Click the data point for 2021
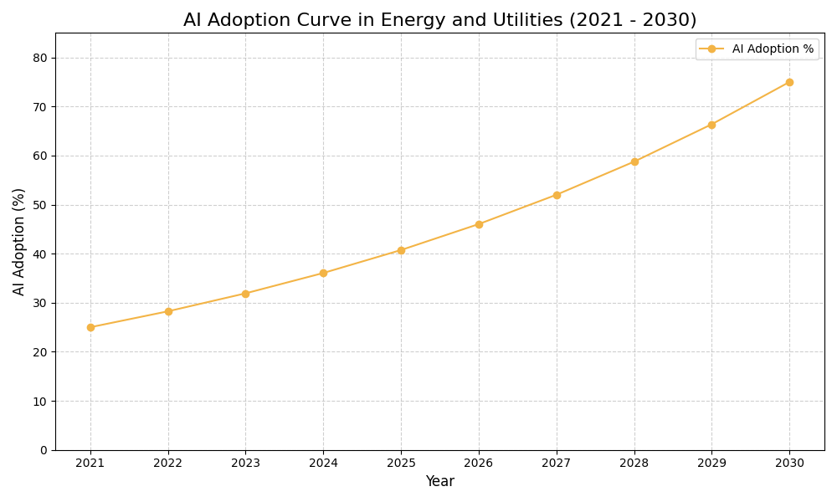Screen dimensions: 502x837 point(90,327)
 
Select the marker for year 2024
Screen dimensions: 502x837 point(323,273)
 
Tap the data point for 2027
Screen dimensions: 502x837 point(557,195)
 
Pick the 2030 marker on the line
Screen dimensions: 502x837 point(789,82)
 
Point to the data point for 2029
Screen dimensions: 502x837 point(711,125)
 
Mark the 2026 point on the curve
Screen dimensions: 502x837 point(479,224)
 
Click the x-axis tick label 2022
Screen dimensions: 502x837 point(168,463)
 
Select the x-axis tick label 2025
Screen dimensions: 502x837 point(401,463)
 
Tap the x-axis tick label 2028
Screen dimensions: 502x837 point(634,463)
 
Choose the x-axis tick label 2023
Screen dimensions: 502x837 point(245,463)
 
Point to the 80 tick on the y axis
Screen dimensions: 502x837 point(40,58)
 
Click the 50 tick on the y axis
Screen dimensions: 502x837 point(40,205)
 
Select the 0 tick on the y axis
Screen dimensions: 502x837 point(44,450)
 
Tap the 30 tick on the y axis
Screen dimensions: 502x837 point(40,303)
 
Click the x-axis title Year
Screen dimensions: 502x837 point(439,482)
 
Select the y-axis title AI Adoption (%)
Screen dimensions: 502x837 point(19,241)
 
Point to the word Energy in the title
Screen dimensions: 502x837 point(409,20)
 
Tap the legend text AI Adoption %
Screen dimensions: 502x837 point(773,49)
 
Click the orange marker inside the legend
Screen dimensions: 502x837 point(711,49)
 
